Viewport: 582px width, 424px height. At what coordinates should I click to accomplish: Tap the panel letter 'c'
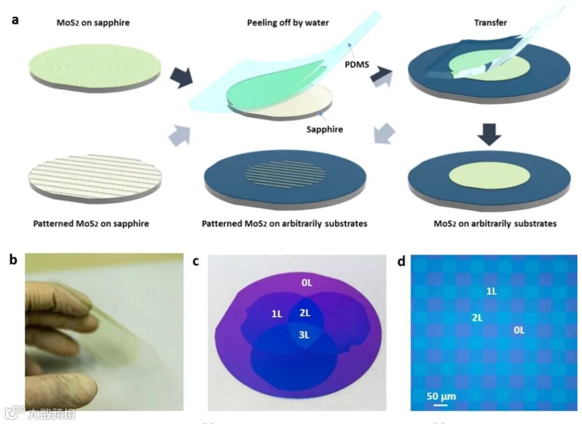(x=196, y=262)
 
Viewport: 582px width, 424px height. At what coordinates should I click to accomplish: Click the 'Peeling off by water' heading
(x=288, y=23)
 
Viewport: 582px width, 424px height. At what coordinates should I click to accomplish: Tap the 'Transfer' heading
(x=488, y=23)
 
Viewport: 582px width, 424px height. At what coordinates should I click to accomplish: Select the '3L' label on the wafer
(x=305, y=335)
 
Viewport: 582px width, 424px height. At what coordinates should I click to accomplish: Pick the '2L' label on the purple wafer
(x=305, y=313)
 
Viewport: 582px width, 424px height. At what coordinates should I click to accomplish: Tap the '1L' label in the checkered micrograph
(x=491, y=291)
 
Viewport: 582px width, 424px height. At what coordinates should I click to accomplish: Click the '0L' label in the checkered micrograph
(x=518, y=330)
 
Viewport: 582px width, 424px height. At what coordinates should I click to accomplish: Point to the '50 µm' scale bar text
(x=441, y=397)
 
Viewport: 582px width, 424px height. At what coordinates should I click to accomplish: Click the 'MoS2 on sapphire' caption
(x=93, y=23)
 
